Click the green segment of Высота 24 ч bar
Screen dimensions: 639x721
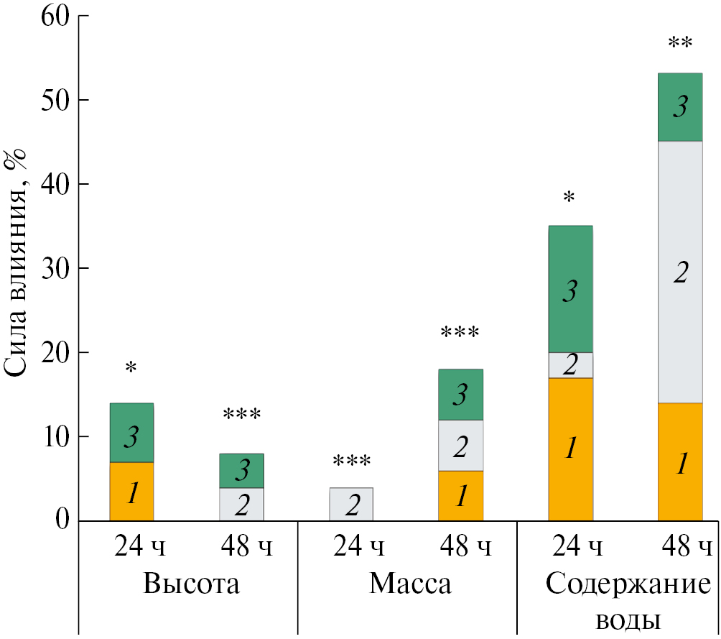pos(131,433)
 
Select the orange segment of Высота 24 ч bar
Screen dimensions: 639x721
pos(131,492)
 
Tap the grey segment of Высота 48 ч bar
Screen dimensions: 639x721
pos(241,505)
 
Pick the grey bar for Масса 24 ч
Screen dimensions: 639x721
pos(351,505)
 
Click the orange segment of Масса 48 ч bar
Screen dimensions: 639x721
pos(461,496)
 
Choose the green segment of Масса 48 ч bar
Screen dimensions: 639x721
pos(461,395)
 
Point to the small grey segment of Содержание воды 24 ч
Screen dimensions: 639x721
pos(570,365)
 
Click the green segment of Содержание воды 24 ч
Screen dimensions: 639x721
pos(570,289)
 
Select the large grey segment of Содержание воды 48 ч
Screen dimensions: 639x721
pos(680,272)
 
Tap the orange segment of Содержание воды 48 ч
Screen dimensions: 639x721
pos(680,462)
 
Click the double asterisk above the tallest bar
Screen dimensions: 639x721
pos(680,44)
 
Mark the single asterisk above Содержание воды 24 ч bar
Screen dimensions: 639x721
pos(569,197)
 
